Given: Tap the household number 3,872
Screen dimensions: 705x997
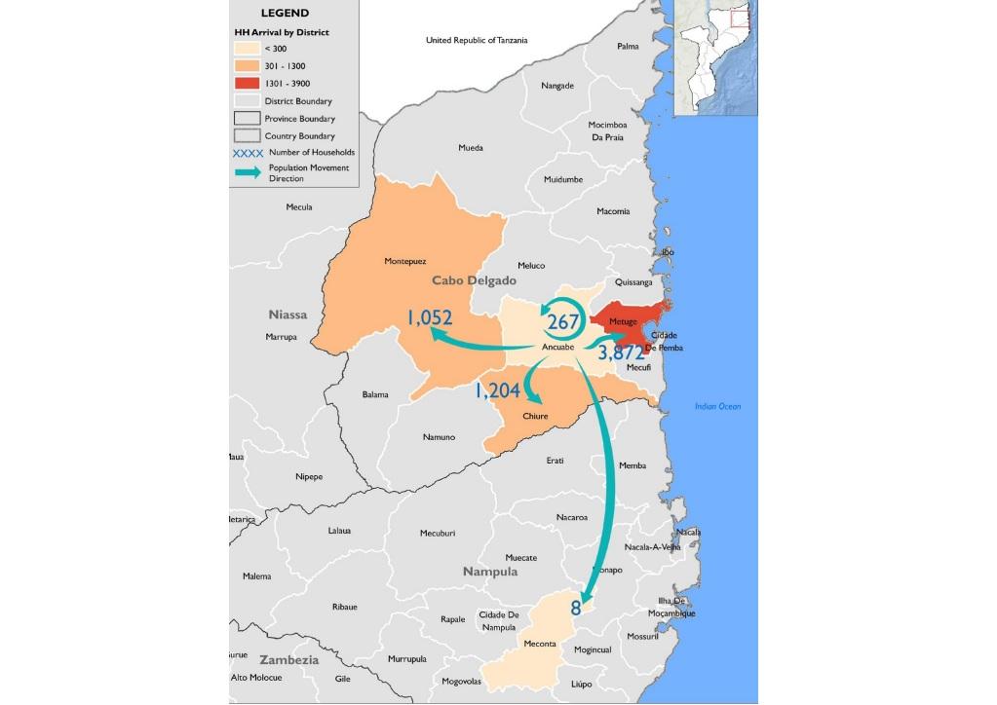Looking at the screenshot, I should click(x=621, y=352).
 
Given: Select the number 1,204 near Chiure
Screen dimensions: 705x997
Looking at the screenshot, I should click(x=498, y=390).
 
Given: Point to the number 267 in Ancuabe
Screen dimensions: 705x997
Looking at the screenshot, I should click(x=563, y=322).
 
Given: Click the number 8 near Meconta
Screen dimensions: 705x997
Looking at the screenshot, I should click(x=576, y=609).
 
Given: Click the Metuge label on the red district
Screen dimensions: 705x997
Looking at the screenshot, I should click(x=623, y=322).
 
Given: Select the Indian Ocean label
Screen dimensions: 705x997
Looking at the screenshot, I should click(x=717, y=406).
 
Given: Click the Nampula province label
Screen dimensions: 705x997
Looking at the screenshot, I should click(x=490, y=572).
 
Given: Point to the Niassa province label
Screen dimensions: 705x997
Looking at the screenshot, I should click(x=288, y=315).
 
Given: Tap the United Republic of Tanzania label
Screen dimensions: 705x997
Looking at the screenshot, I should click(x=477, y=40).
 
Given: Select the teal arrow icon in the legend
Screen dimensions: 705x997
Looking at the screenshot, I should click(x=247, y=172).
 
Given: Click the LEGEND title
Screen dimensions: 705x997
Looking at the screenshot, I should click(x=285, y=14).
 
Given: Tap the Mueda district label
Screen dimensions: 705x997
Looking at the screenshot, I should click(x=471, y=148).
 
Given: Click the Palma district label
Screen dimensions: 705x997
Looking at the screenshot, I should click(x=628, y=46).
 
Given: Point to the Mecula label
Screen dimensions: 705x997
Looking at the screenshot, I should click(x=299, y=207).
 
